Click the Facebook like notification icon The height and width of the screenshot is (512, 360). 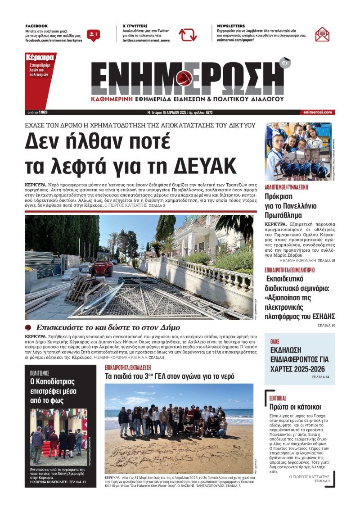(x=94, y=35)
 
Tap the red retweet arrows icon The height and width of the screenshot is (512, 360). (x=188, y=35)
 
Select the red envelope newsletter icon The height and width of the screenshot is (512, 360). (x=322, y=35)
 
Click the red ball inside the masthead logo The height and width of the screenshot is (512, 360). (x=184, y=78)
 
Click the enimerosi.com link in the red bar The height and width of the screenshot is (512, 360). (x=317, y=112)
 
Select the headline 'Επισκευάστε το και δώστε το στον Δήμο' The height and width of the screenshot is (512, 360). (x=108, y=327)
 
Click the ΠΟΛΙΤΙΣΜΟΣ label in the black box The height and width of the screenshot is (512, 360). (x=40, y=373)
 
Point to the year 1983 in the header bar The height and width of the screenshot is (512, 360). (x=43, y=112)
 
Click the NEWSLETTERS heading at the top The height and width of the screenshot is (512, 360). (x=231, y=26)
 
